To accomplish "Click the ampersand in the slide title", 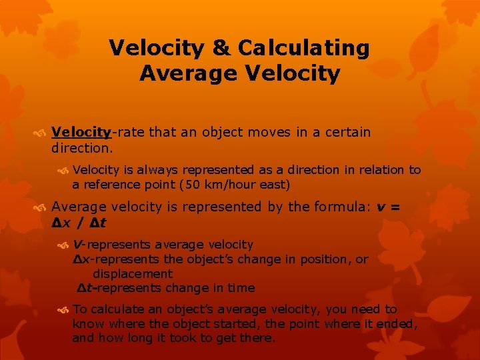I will tap(221, 48).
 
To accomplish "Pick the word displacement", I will tap(133, 274).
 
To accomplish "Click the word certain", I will tap(347, 132).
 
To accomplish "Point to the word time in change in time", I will tap(241, 288).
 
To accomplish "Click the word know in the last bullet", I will tap(87, 324).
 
